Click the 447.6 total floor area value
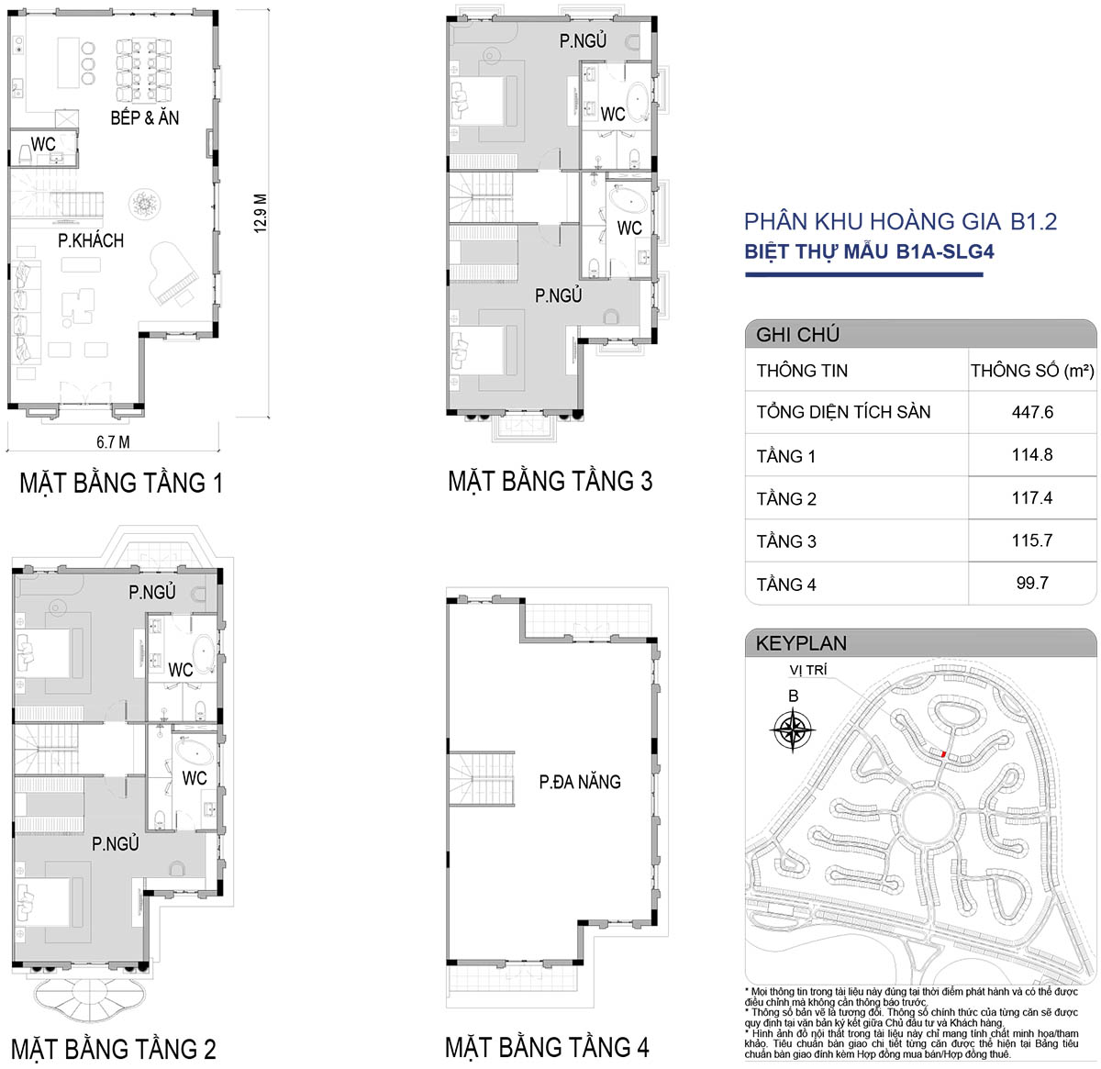[x=1032, y=412]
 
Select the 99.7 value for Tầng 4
[x=1032, y=584]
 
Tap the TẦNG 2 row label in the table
[x=786, y=498]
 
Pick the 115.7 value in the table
[x=1032, y=540]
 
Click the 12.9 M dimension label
[x=261, y=214]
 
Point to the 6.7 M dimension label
[x=113, y=442]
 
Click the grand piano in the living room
[x=173, y=273]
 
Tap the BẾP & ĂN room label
[x=145, y=117]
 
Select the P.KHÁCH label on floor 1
[x=91, y=240]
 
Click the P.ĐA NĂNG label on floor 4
[x=580, y=782]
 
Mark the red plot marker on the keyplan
[x=943, y=753]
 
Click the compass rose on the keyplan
[x=793, y=730]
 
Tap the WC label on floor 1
[x=43, y=144]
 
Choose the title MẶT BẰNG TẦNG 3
[x=550, y=481]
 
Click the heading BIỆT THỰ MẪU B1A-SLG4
[x=869, y=251]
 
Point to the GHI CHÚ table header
[x=797, y=334]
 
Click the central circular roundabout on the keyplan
[x=929, y=816]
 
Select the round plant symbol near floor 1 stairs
[x=145, y=203]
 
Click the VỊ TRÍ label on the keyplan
[x=808, y=670]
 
